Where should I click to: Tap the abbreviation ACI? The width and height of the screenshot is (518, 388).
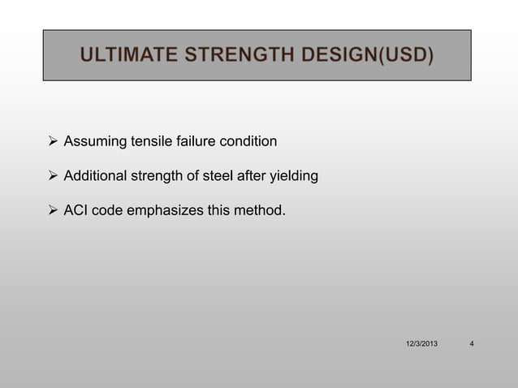click(76, 211)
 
